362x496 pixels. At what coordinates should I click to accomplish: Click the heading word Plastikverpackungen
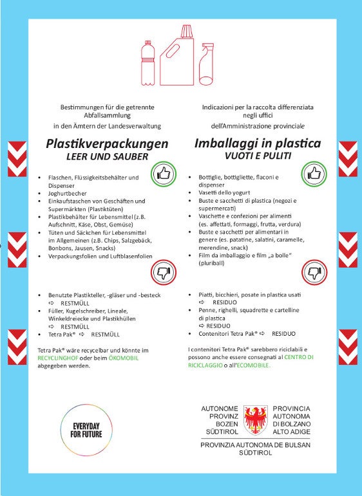click(x=107, y=144)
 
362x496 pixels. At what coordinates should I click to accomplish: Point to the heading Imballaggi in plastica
click(x=257, y=144)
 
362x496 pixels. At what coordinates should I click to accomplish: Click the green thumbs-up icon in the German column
click(x=163, y=174)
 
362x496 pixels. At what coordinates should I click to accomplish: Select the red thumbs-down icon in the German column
click(x=163, y=273)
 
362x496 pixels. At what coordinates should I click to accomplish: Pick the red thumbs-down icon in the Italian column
click(x=314, y=273)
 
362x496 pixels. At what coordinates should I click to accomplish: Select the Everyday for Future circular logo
click(x=86, y=430)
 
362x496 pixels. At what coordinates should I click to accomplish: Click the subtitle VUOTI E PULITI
click(x=258, y=156)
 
